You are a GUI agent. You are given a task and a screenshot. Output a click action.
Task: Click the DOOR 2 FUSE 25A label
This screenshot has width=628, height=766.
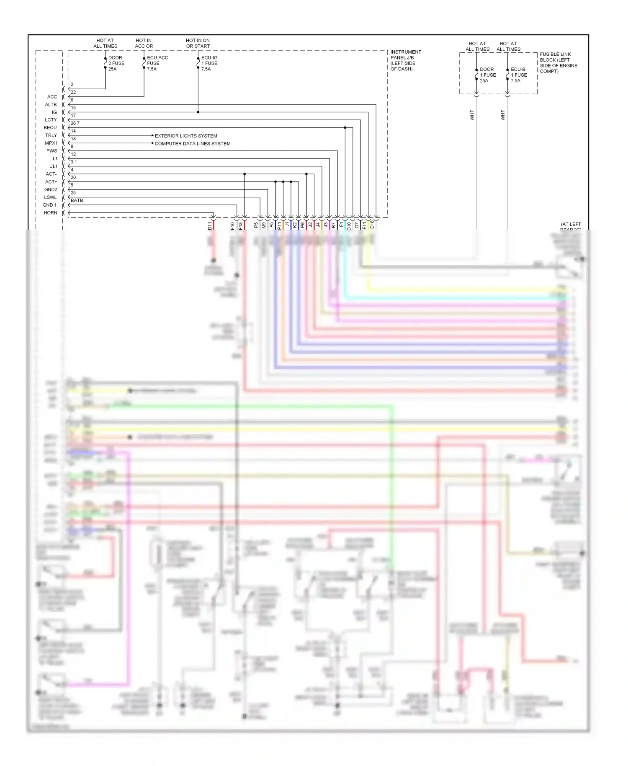click(116, 63)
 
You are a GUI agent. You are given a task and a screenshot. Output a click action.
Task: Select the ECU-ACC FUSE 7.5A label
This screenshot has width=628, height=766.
click(157, 63)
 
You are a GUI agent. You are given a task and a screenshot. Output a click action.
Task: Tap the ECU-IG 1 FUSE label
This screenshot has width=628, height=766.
click(209, 63)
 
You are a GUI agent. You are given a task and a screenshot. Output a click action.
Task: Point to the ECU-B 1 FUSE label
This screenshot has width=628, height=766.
click(518, 75)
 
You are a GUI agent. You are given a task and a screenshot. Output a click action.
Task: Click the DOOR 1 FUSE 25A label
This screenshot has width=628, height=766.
click(487, 75)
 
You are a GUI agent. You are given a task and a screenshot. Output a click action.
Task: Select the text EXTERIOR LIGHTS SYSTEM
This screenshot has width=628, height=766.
click(186, 136)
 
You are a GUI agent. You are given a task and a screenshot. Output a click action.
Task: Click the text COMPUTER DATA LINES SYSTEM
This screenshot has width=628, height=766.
click(193, 144)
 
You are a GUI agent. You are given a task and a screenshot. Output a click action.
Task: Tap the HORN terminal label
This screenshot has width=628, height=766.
click(50, 213)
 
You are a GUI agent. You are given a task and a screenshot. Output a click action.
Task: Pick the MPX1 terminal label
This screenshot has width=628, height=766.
click(51, 143)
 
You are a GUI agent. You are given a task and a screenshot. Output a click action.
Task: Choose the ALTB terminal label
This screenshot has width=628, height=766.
click(51, 105)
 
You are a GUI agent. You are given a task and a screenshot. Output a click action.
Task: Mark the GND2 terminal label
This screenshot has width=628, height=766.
click(51, 190)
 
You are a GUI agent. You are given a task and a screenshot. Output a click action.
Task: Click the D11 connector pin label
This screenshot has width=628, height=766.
click(210, 226)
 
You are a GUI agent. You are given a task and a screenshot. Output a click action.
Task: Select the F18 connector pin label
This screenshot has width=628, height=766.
click(241, 226)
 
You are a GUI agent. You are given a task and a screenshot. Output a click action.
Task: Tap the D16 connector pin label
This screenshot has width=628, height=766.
click(372, 225)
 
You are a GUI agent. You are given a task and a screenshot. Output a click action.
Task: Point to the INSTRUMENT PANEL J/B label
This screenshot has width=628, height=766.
click(405, 60)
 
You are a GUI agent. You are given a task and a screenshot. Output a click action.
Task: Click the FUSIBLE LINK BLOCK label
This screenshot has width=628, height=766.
click(558, 63)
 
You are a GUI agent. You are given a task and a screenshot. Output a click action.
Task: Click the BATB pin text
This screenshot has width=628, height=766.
click(77, 200)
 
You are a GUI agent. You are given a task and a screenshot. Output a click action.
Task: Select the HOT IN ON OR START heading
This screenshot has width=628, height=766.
click(198, 43)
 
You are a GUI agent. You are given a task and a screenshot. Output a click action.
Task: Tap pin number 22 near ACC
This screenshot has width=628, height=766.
click(73, 92)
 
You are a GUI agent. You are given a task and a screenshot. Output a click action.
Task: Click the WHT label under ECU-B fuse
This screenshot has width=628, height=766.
click(503, 115)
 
